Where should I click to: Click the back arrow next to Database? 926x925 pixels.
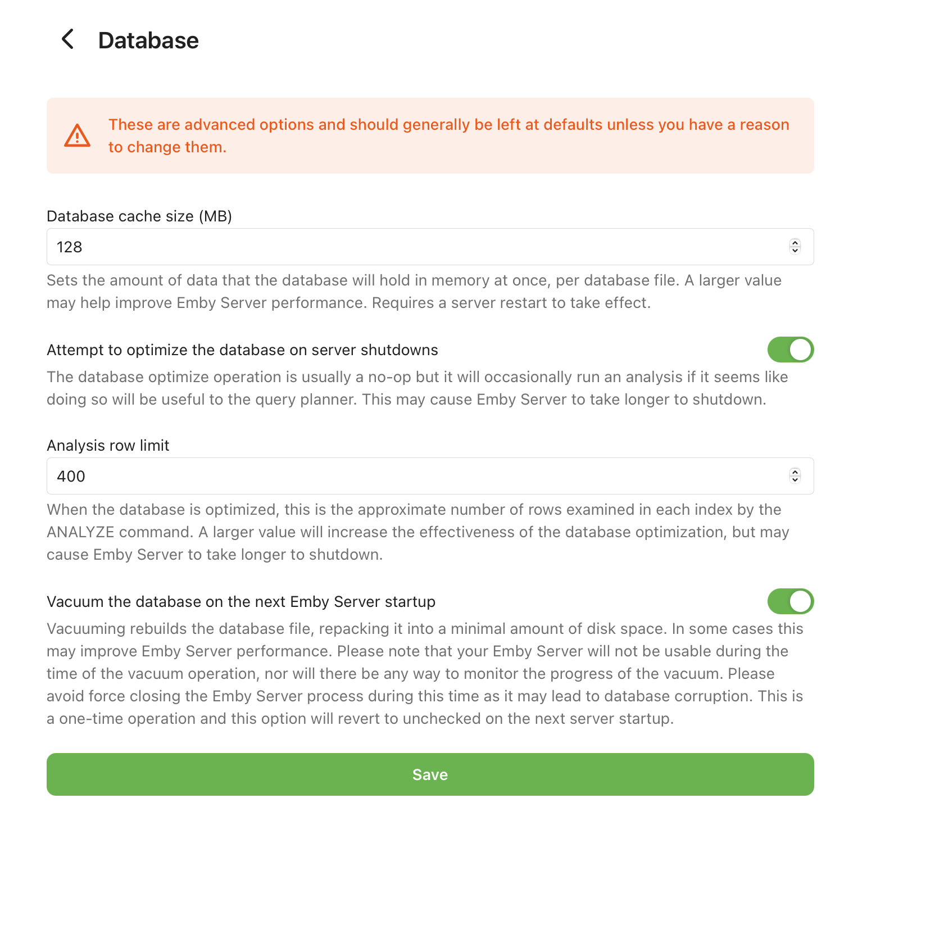tap(67, 39)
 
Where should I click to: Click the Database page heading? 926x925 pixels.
tap(148, 40)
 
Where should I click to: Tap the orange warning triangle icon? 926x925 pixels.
tap(78, 135)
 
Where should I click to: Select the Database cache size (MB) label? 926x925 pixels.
tap(139, 216)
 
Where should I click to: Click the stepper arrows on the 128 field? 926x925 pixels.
tap(795, 247)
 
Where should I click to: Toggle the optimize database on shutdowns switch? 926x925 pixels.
tap(790, 350)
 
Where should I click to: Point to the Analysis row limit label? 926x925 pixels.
tap(108, 446)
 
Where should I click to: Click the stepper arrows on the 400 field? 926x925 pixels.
tap(795, 476)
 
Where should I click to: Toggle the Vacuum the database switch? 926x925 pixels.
tap(790, 601)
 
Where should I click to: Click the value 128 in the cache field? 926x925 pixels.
tap(70, 247)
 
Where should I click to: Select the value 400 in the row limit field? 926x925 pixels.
tap(71, 477)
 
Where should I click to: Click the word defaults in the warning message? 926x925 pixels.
tap(573, 125)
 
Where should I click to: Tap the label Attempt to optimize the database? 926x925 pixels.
tap(242, 350)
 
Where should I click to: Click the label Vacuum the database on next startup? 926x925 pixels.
tap(241, 602)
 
